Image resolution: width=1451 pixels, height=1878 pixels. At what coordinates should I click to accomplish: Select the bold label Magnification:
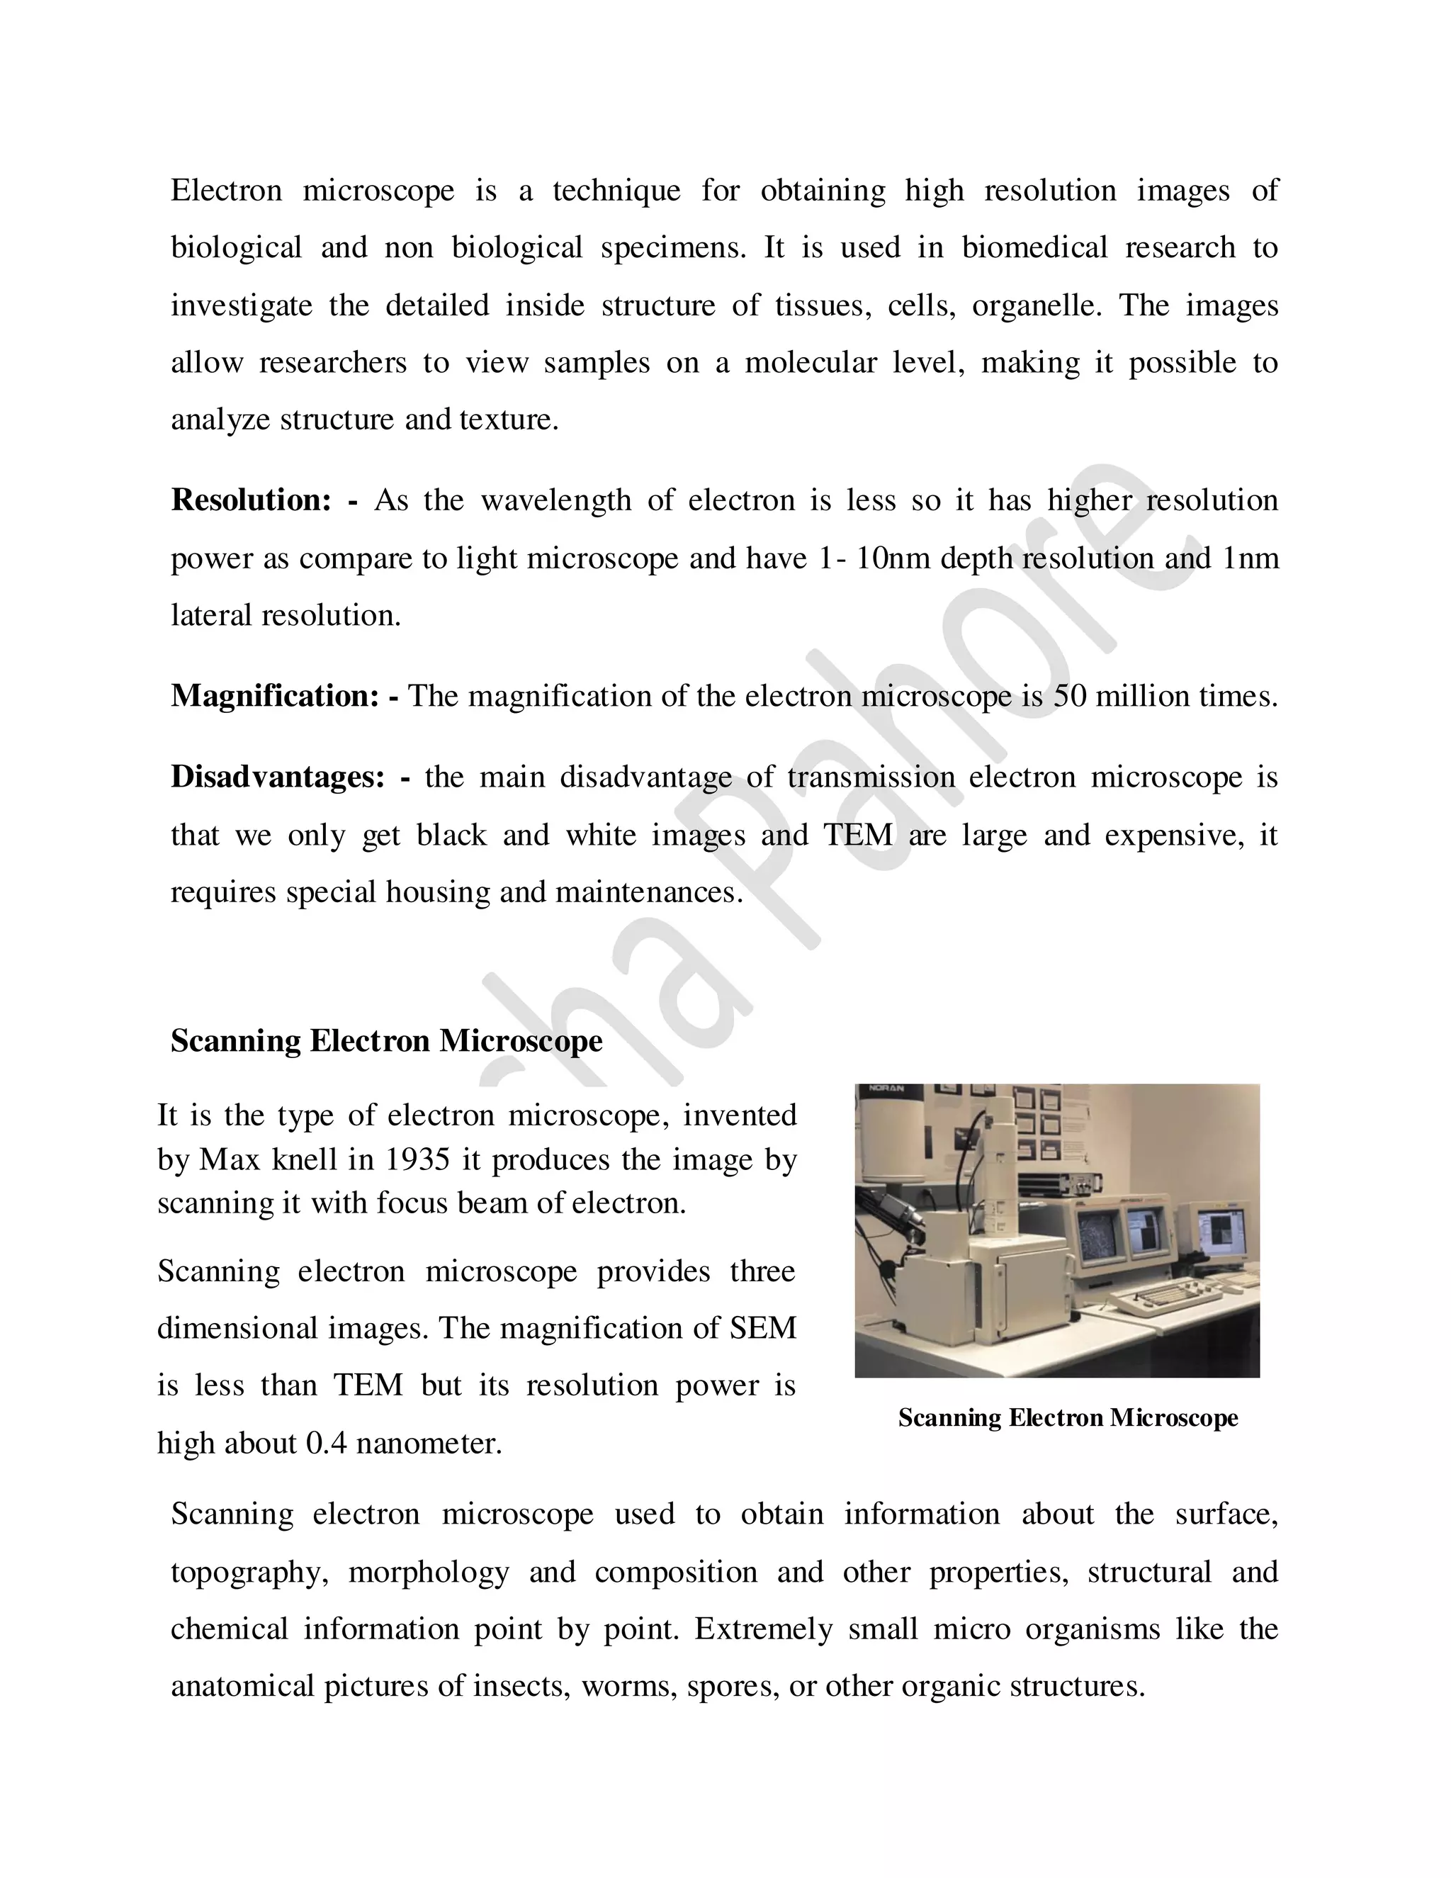pos(274,696)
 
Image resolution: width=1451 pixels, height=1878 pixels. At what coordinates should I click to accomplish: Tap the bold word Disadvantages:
pos(278,777)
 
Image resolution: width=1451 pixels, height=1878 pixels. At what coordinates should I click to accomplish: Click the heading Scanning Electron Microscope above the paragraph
pos(387,1041)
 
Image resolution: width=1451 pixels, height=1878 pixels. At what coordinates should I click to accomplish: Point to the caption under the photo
pos(1068,1418)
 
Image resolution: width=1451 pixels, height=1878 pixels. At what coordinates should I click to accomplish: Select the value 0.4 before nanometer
pos(326,1443)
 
